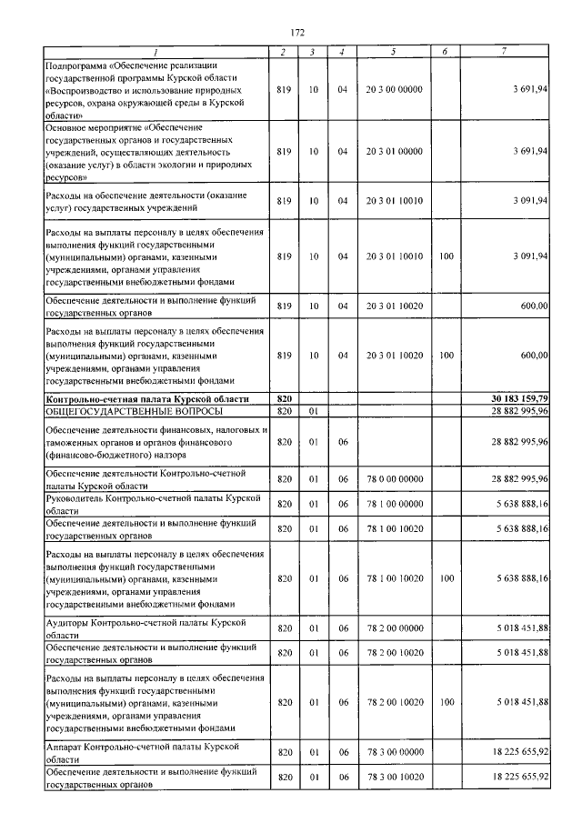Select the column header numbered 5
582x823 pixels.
[x=393, y=52]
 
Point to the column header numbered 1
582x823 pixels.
[x=156, y=52]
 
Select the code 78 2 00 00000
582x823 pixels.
[x=394, y=627]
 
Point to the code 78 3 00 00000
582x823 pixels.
[x=394, y=752]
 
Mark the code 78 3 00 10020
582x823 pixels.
[x=394, y=777]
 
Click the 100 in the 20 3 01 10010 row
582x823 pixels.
[x=446, y=256]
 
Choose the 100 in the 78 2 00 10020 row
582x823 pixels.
[x=446, y=702]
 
